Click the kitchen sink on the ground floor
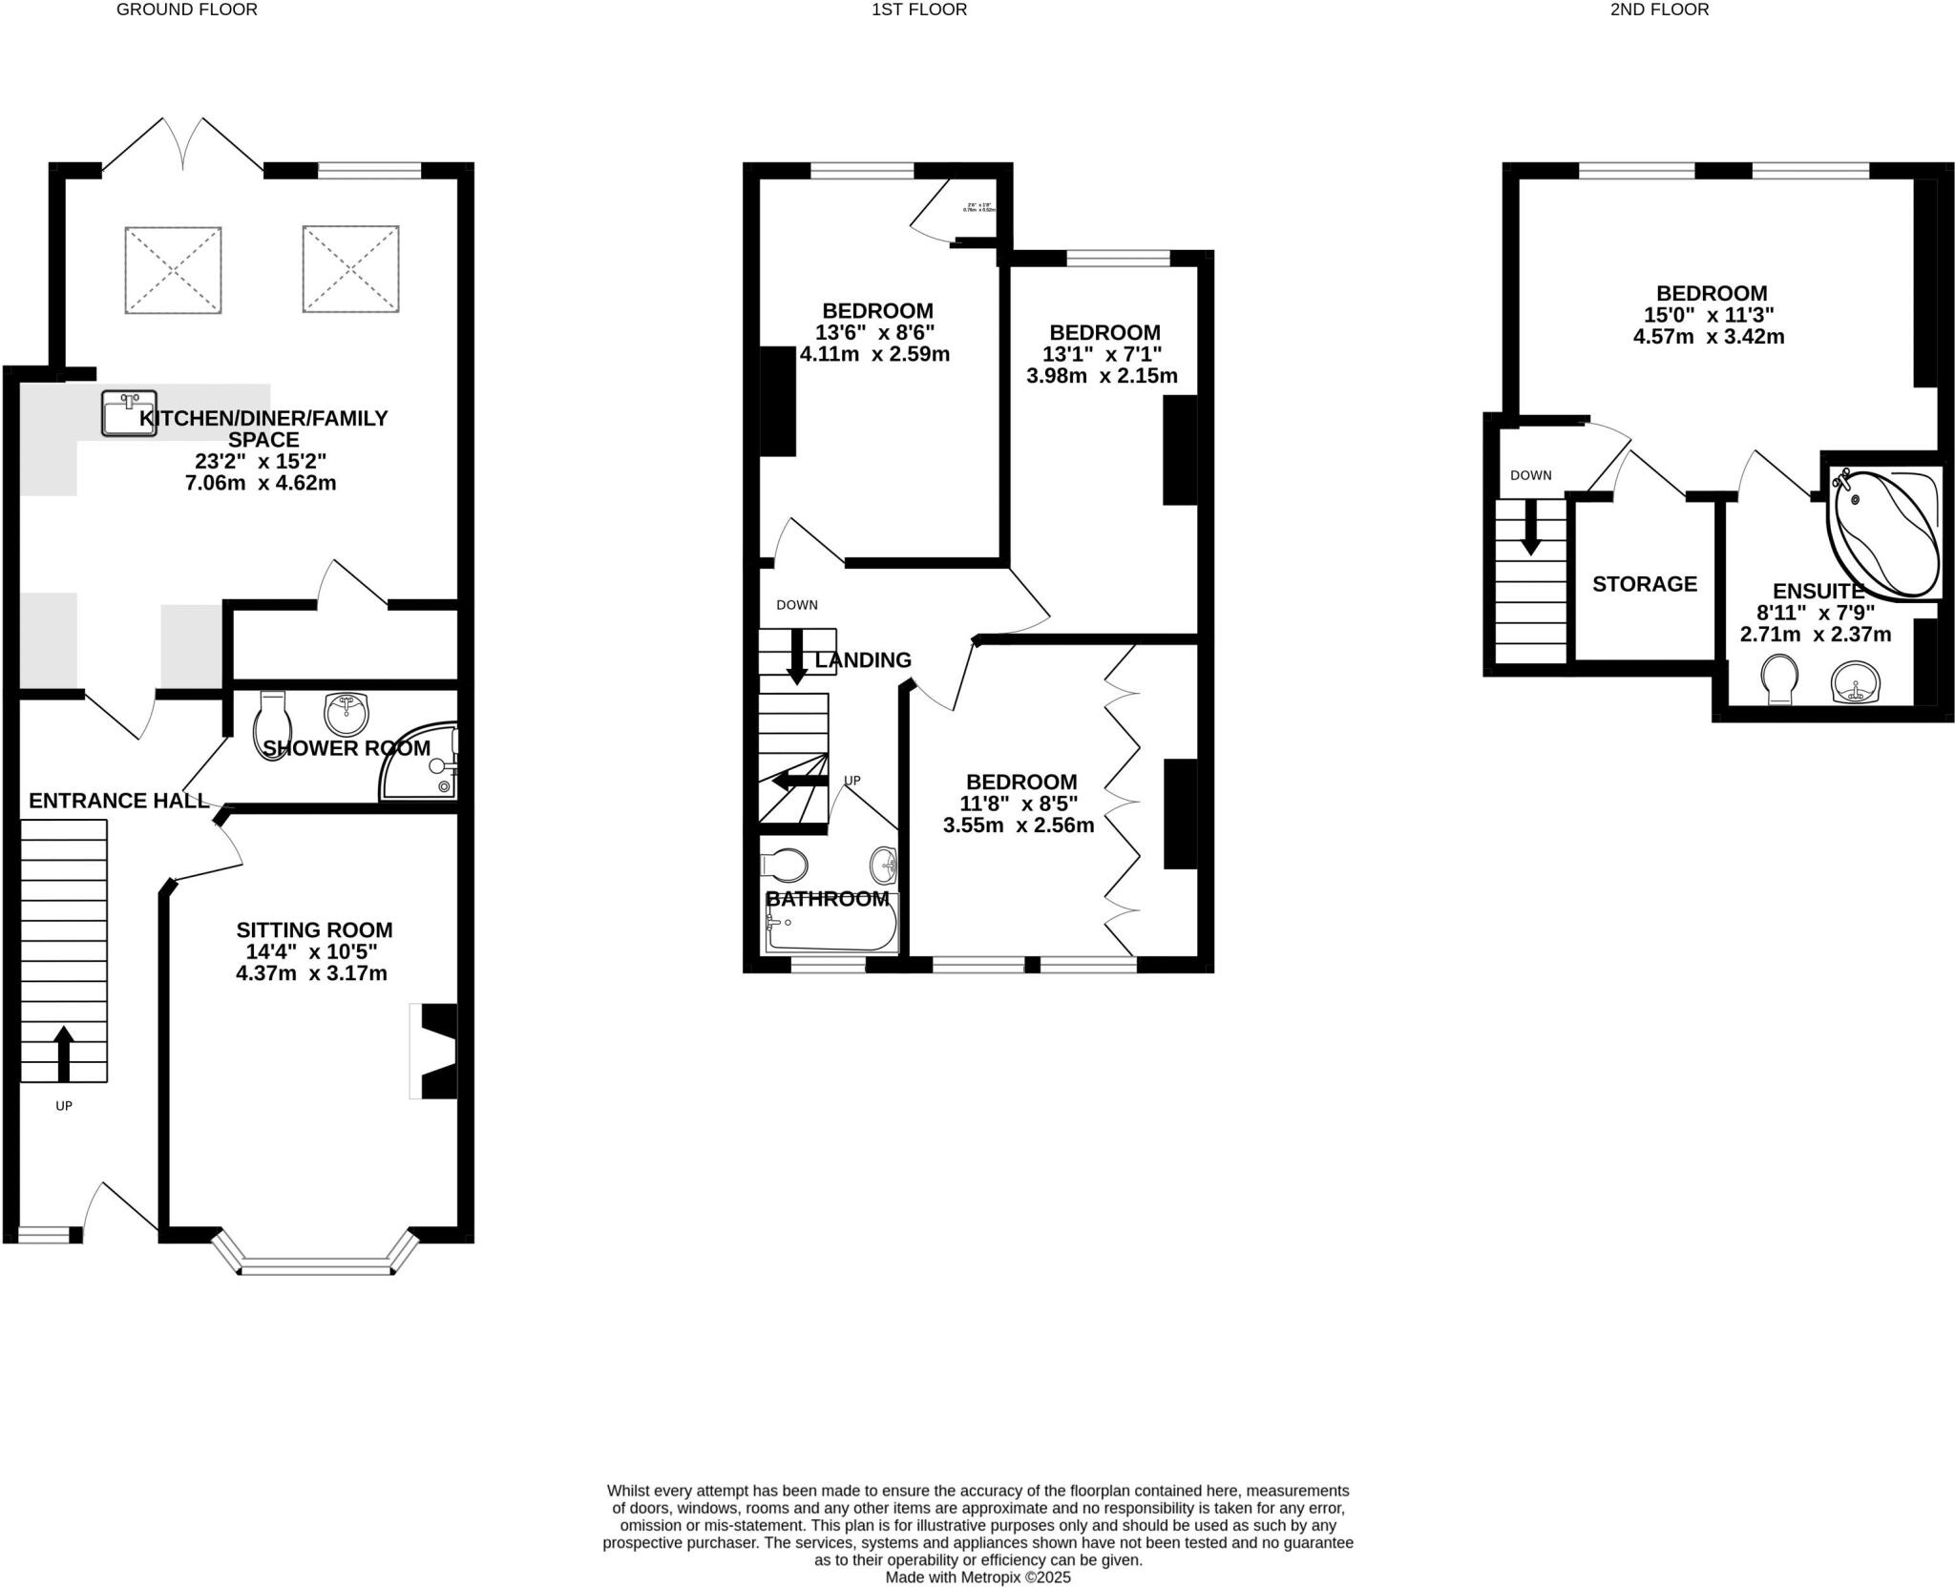coord(128,412)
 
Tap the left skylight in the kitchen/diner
coord(173,269)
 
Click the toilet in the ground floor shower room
coord(271,725)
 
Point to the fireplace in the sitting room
coord(434,1051)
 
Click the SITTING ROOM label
coord(314,929)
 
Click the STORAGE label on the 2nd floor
coord(1644,584)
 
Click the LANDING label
coord(863,659)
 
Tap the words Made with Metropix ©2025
coord(977,1577)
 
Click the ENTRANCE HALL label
coord(118,801)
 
